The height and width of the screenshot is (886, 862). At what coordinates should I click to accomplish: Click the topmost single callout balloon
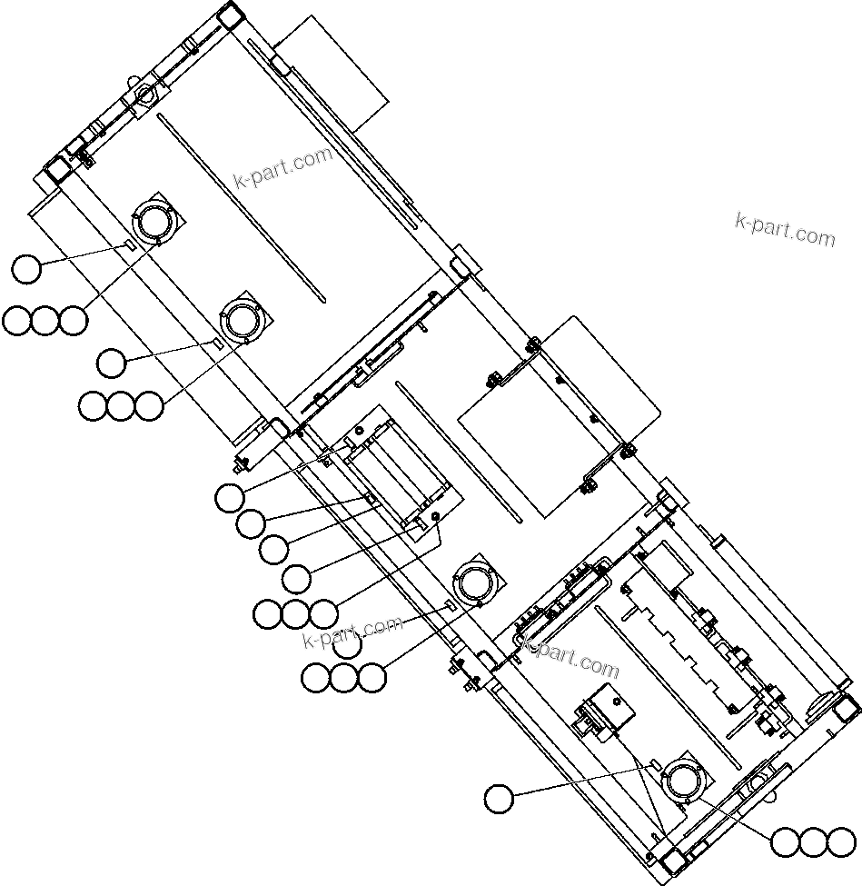coord(27,269)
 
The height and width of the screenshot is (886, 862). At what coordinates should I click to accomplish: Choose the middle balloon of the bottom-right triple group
coord(813,842)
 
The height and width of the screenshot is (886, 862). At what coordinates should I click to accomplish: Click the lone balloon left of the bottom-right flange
coord(499,800)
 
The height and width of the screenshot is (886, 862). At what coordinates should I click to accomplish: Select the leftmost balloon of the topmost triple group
coord(17,320)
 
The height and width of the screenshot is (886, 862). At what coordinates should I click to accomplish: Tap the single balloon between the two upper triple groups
coord(112,363)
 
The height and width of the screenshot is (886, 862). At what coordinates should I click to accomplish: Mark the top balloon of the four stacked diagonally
coord(230,497)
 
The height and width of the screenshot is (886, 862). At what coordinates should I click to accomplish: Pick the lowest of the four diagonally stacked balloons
coord(297,576)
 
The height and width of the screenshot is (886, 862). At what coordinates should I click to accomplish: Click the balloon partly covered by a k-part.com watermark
coord(347,644)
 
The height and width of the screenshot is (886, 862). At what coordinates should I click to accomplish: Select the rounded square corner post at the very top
coord(229,16)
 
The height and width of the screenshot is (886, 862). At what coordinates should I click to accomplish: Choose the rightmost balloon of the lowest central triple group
coord(372,677)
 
